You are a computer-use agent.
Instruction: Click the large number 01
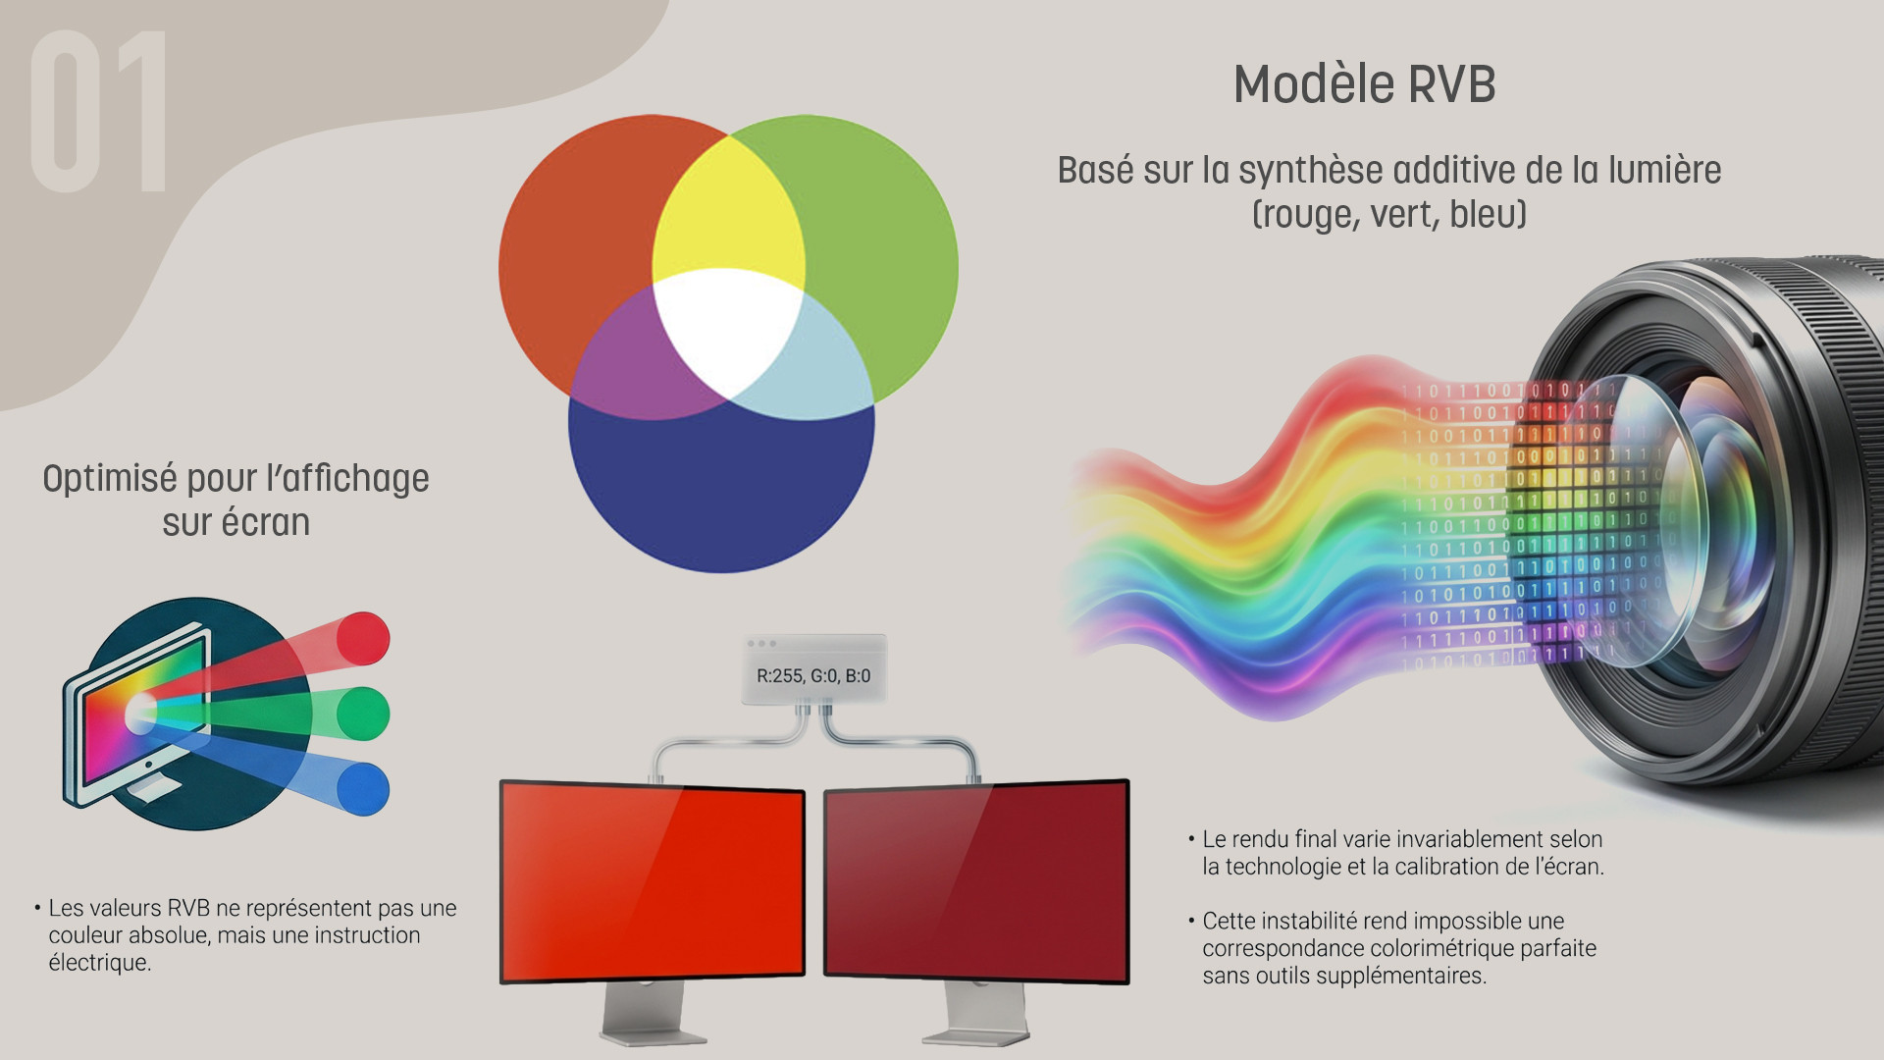[x=99, y=111]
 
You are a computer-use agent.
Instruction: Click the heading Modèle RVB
[x=1364, y=84]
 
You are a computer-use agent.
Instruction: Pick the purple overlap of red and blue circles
[x=628, y=358]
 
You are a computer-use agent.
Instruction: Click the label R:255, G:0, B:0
[x=813, y=675]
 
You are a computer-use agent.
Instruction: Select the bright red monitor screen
[x=653, y=880]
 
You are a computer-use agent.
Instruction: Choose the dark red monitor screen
[x=976, y=880]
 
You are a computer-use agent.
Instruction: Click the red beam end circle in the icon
[x=363, y=638]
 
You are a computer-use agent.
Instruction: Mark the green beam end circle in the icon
[x=363, y=714]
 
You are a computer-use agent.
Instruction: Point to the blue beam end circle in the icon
[x=363, y=788]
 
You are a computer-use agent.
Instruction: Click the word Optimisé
[x=110, y=480]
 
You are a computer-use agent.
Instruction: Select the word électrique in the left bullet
[x=100, y=963]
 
